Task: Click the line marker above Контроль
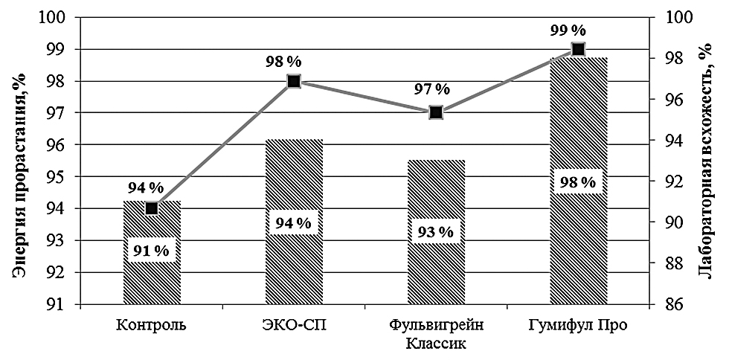click(x=152, y=208)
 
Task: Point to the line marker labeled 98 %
click(x=294, y=81)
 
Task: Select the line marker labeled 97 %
click(x=436, y=112)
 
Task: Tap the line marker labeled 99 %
click(x=578, y=49)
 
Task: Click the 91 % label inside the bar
click(x=152, y=251)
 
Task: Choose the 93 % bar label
click(x=436, y=232)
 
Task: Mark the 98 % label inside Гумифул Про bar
click(x=578, y=182)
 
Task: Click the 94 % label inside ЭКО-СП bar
click(x=294, y=222)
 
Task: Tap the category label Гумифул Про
click(x=578, y=325)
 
